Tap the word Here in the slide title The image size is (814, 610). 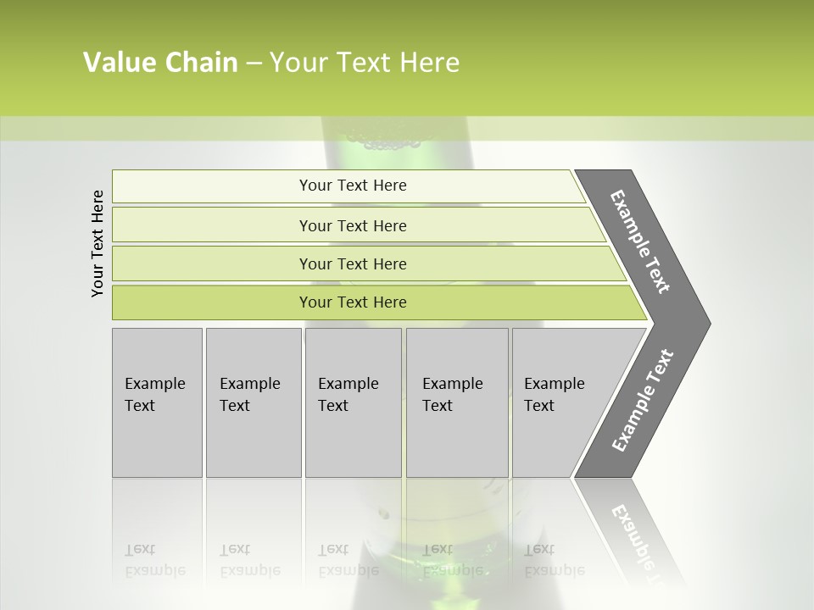(x=429, y=63)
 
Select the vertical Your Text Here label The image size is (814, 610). (x=98, y=243)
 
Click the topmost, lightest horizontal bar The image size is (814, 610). (x=352, y=186)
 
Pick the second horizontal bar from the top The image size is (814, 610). (x=352, y=225)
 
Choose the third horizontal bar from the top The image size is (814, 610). (x=352, y=264)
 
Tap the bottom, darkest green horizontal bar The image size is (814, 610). (x=352, y=302)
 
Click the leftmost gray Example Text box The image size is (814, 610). (x=157, y=402)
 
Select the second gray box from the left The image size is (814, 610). (x=253, y=402)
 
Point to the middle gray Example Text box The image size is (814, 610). (x=353, y=402)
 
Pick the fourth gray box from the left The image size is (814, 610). (x=456, y=402)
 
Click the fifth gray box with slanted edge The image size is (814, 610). (x=560, y=402)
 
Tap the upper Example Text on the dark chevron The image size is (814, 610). (x=640, y=241)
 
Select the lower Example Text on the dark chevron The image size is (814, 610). (x=642, y=400)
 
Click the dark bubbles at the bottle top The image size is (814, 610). (x=387, y=141)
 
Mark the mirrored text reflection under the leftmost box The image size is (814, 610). (x=154, y=561)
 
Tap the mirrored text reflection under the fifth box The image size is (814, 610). (x=555, y=561)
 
